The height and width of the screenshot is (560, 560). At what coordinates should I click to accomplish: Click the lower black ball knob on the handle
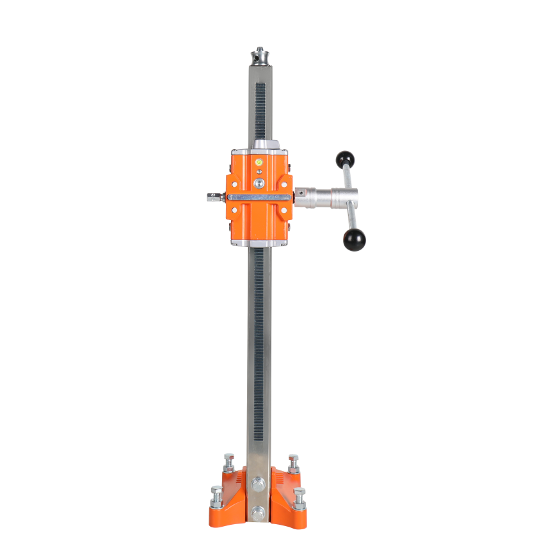(354, 239)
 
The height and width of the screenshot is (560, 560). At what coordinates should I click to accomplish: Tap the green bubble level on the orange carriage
(259, 163)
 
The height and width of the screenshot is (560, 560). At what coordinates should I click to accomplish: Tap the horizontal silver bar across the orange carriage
(259, 197)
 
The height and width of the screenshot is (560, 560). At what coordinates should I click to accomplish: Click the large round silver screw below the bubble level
(259, 184)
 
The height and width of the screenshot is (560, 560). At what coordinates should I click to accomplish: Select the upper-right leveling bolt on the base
(293, 461)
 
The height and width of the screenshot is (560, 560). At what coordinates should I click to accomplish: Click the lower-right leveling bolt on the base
(299, 495)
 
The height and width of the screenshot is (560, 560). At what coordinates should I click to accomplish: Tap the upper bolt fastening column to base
(258, 484)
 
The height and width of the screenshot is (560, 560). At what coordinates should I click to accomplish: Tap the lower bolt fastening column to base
(258, 512)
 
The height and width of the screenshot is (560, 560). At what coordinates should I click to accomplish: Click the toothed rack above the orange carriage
(260, 109)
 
